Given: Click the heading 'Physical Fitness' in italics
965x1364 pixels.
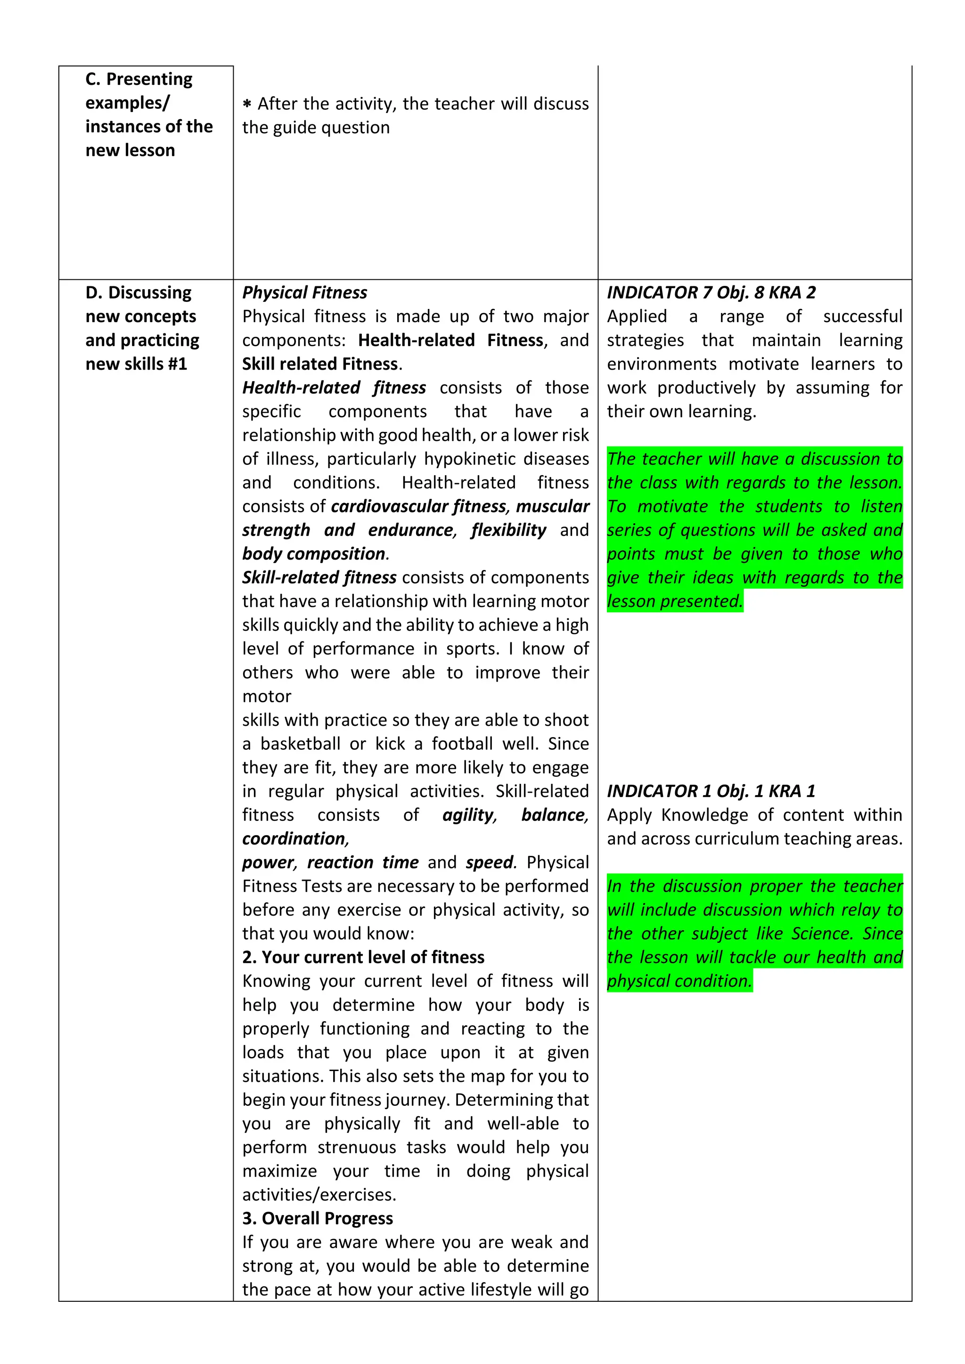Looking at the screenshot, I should pyautogui.click(x=304, y=292).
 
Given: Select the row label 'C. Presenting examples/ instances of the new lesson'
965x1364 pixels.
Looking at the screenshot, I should pyautogui.click(x=148, y=114).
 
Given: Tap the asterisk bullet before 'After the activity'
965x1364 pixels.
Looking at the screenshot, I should pyautogui.click(x=247, y=105).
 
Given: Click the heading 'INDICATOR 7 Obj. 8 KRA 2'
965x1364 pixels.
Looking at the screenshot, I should pyautogui.click(x=711, y=292).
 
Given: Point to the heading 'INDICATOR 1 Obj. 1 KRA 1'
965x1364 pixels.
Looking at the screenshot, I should pyautogui.click(x=711, y=791).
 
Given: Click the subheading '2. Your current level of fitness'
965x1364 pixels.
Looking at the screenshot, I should pyautogui.click(x=363, y=957).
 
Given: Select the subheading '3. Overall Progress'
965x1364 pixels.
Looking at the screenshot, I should pyautogui.click(x=317, y=1218).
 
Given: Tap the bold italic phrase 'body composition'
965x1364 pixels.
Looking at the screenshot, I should pyautogui.click(x=314, y=554).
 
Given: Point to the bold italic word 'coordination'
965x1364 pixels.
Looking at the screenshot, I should pyautogui.click(x=294, y=838).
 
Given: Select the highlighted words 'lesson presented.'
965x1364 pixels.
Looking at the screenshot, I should pyautogui.click(x=674, y=601).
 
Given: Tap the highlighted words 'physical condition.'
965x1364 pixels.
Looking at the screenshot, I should pyautogui.click(x=679, y=981).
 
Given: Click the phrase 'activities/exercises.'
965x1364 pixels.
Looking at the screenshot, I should pyautogui.click(x=319, y=1195).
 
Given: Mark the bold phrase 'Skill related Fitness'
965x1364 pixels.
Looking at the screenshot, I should pyautogui.click(x=319, y=364).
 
